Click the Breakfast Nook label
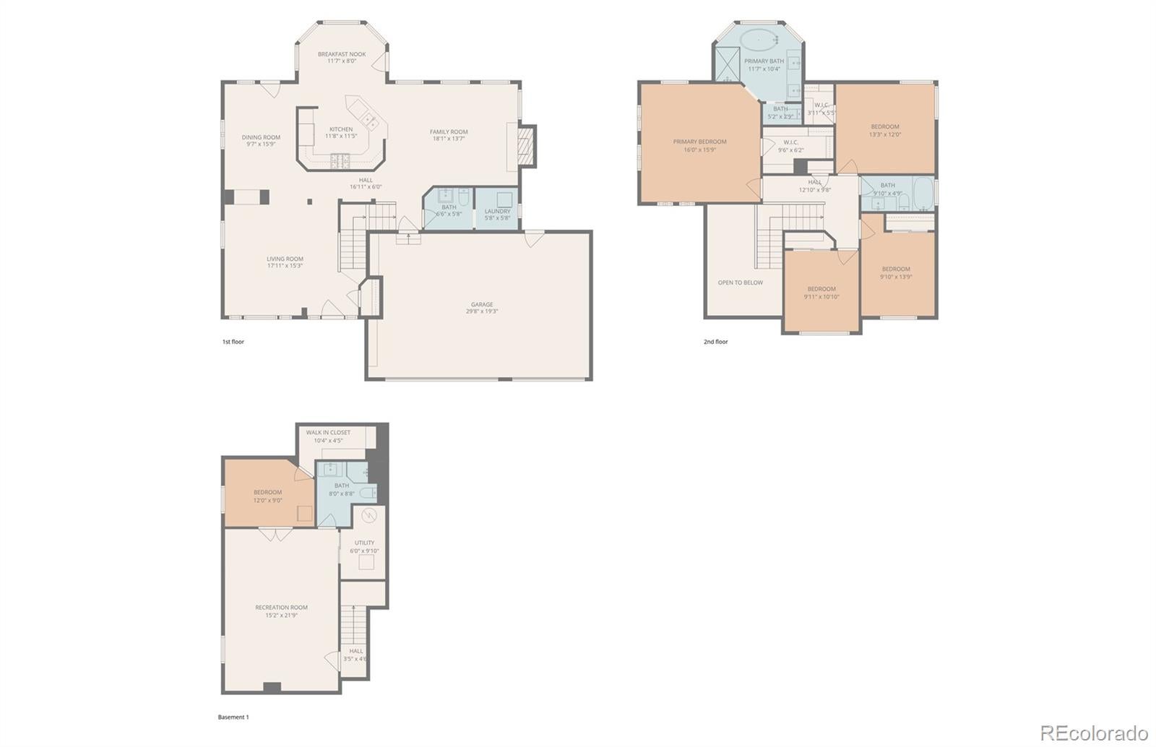(342, 54)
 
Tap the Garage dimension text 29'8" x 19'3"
(482, 311)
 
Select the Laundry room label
(497, 212)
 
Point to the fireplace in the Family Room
(527, 147)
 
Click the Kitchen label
(341, 129)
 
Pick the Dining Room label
(261, 137)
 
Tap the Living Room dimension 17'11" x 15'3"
(285, 266)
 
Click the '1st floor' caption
(233, 342)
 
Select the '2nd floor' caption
(715, 342)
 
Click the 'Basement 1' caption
(233, 717)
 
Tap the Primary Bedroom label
(699, 142)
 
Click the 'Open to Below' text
(740, 282)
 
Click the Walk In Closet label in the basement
(328, 433)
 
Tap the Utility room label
(364, 543)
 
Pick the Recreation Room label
(281, 608)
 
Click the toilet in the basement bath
(368, 493)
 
